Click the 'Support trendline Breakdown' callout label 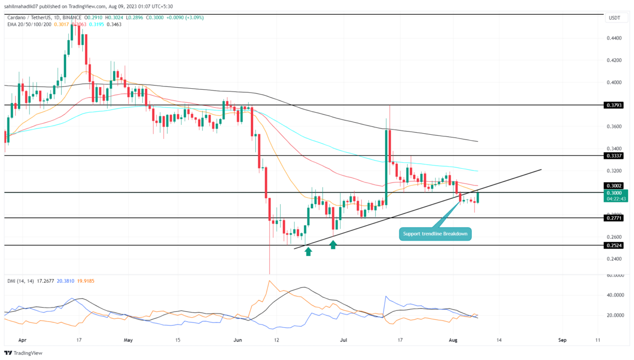coord(435,234)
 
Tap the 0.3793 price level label coord(613,105)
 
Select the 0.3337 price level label coord(613,156)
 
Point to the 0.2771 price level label coord(613,218)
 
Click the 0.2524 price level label coord(613,245)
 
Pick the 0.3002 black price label coord(613,186)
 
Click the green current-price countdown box coord(613,196)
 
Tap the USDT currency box coord(614,19)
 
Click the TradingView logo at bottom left coord(23,353)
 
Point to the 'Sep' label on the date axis coord(562,340)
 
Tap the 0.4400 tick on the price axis coord(613,38)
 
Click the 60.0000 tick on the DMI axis coord(613,275)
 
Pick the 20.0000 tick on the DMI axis coord(613,315)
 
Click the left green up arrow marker coord(308,252)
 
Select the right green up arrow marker coord(333,245)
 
